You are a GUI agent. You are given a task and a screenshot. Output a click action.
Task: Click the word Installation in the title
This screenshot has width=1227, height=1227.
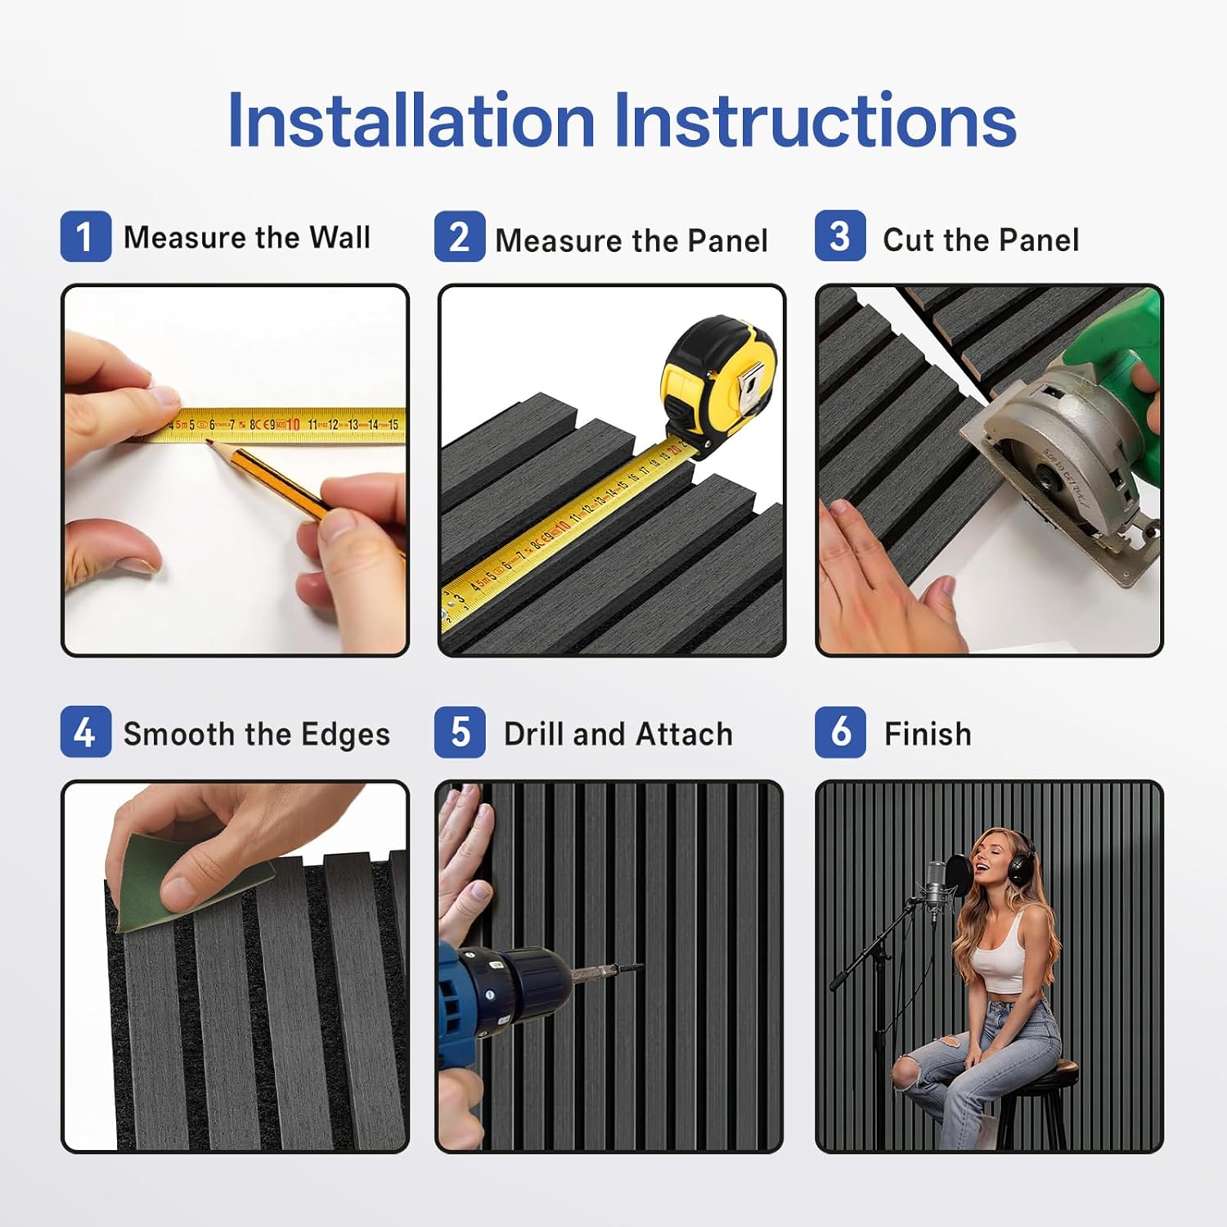(411, 120)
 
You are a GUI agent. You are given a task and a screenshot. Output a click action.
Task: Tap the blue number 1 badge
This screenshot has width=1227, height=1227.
(86, 236)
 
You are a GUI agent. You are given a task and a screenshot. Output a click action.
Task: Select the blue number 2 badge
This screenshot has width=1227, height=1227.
(460, 236)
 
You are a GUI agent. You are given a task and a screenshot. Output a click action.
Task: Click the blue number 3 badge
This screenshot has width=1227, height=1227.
(840, 236)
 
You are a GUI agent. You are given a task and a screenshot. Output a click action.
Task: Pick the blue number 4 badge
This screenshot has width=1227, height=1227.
(86, 731)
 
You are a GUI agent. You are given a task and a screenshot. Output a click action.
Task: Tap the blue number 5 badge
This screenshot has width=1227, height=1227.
(460, 731)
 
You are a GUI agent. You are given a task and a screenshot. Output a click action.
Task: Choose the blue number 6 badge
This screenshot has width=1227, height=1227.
(840, 731)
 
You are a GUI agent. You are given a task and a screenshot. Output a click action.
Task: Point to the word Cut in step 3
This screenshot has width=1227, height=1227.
(908, 240)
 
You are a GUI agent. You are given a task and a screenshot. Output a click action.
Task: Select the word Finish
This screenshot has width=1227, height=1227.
(928, 734)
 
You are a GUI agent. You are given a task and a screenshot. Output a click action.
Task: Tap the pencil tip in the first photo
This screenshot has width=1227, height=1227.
(209, 442)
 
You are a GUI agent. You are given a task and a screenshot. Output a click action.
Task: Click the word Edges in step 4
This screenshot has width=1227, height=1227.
(345, 735)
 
